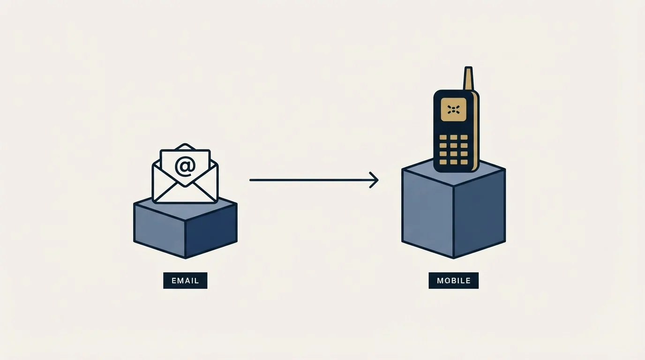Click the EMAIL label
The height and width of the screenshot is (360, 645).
(x=185, y=280)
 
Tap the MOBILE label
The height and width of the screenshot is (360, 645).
(x=454, y=280)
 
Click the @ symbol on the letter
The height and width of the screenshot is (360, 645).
(x=185, y=166)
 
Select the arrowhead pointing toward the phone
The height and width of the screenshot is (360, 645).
(x=374, y=180)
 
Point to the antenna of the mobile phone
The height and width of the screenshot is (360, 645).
(x=468, y=79)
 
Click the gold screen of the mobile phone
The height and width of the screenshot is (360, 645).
(x=454, y=109)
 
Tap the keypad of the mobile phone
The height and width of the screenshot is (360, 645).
(x=454, y=150)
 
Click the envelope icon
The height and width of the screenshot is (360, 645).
(x=185, y=173)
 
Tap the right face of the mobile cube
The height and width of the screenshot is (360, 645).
(x=480, y=213)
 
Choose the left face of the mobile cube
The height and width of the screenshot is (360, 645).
(x=427, y=213)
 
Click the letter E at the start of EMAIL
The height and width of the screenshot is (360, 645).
(x=174, y=280)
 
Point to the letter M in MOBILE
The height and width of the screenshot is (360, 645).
(x=440, y=280)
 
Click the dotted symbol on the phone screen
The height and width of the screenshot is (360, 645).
(x=454, y=109)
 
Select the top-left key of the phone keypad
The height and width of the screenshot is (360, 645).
(x=443, y=137)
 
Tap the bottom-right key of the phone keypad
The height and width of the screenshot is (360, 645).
(x=464, y=162)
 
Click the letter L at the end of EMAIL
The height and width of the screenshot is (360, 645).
(x=197, y=280)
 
